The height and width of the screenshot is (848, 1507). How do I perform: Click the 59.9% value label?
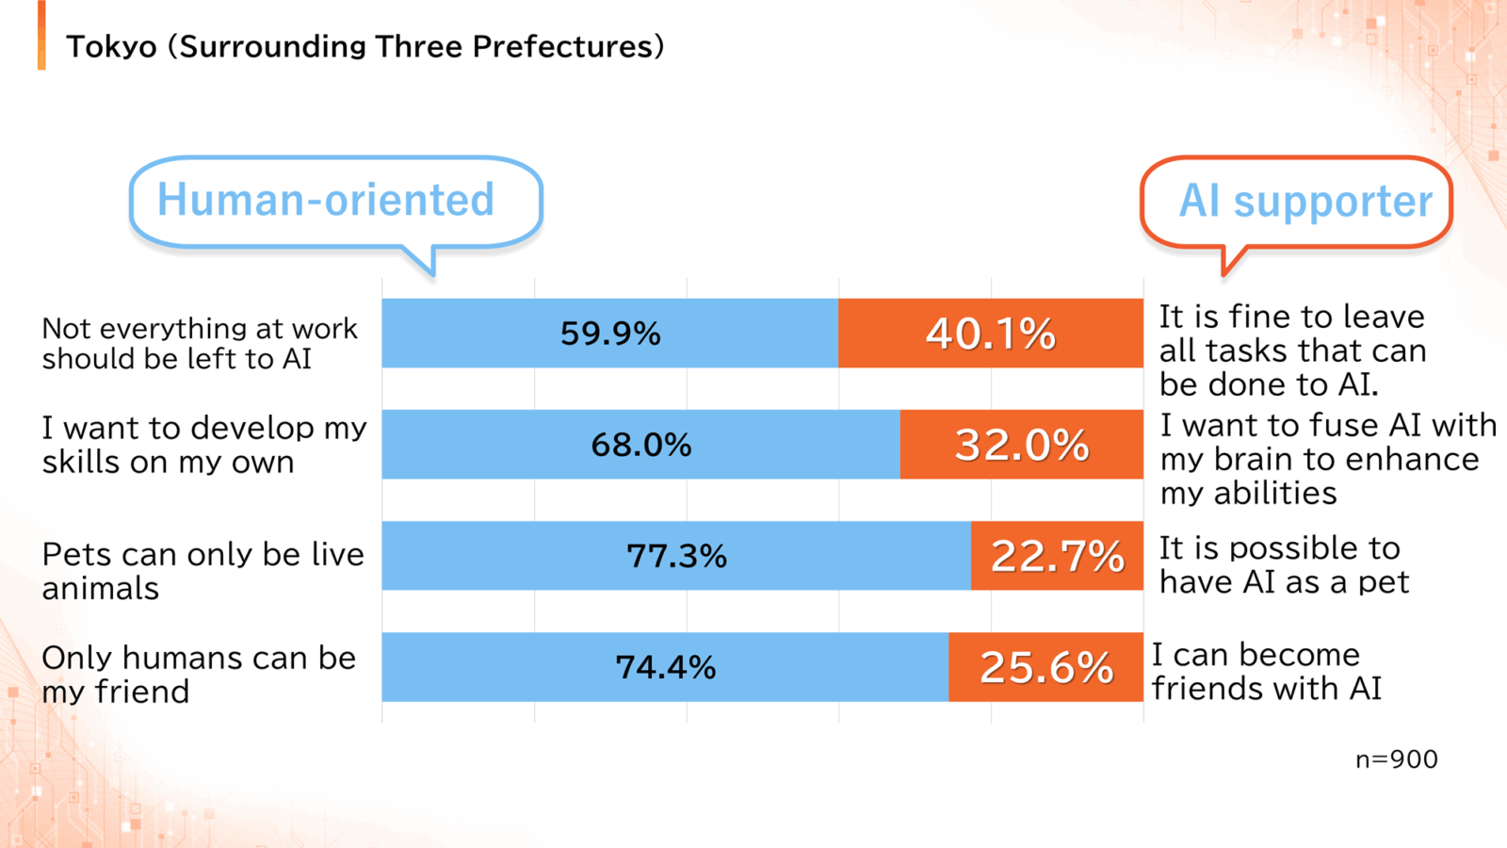(x=610, y=334)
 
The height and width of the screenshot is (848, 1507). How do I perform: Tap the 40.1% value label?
(x=990, y=334)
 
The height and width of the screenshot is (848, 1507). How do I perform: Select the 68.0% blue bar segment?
(x=641, y=444)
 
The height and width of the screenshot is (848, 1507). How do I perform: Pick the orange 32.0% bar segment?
(x=1022, y=444)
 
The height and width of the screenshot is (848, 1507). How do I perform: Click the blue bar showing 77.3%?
(x=676, y=556)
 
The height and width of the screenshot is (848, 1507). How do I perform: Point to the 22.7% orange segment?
(x=1057, y=556)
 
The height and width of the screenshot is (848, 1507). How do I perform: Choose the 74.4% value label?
(x=665, y=667)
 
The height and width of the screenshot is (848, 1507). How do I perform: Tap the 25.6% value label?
(x=1046, y=667)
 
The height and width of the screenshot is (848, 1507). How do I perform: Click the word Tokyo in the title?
(x=112, y=47)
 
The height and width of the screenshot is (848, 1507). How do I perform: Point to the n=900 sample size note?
(x=1397, y=759)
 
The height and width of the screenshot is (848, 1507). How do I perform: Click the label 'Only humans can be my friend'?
(x=199, y=675)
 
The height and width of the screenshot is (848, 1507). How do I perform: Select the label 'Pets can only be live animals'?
(x=203, y=571)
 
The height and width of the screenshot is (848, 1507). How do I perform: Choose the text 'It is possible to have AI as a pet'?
(x=1284, y=564)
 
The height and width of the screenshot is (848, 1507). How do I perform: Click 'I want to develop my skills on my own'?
(x=204, y=444)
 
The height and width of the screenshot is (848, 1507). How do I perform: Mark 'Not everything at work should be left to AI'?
(x=200, y=343)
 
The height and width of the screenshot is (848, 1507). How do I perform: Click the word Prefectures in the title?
(x=562, y=47)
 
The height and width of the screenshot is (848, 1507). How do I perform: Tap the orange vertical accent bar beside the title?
(x=41, y=35)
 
